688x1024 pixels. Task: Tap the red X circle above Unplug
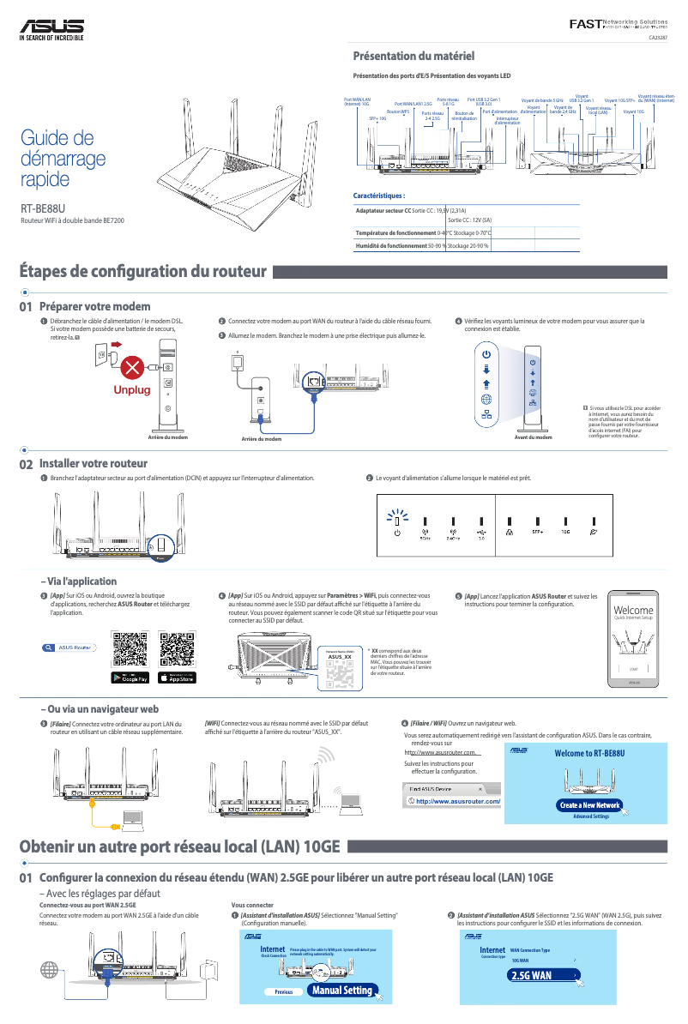tap(131, 368)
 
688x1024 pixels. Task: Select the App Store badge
tap(178, 678)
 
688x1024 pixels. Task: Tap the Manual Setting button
tap(341, 990)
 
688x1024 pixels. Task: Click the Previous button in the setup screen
tap(283, 991)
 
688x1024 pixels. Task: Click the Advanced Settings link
tap(590, 816)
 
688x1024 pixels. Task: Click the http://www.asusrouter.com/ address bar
tap(454, 801)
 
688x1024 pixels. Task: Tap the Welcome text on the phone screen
tap(633, 611)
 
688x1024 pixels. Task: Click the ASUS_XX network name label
tap(341, 657)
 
